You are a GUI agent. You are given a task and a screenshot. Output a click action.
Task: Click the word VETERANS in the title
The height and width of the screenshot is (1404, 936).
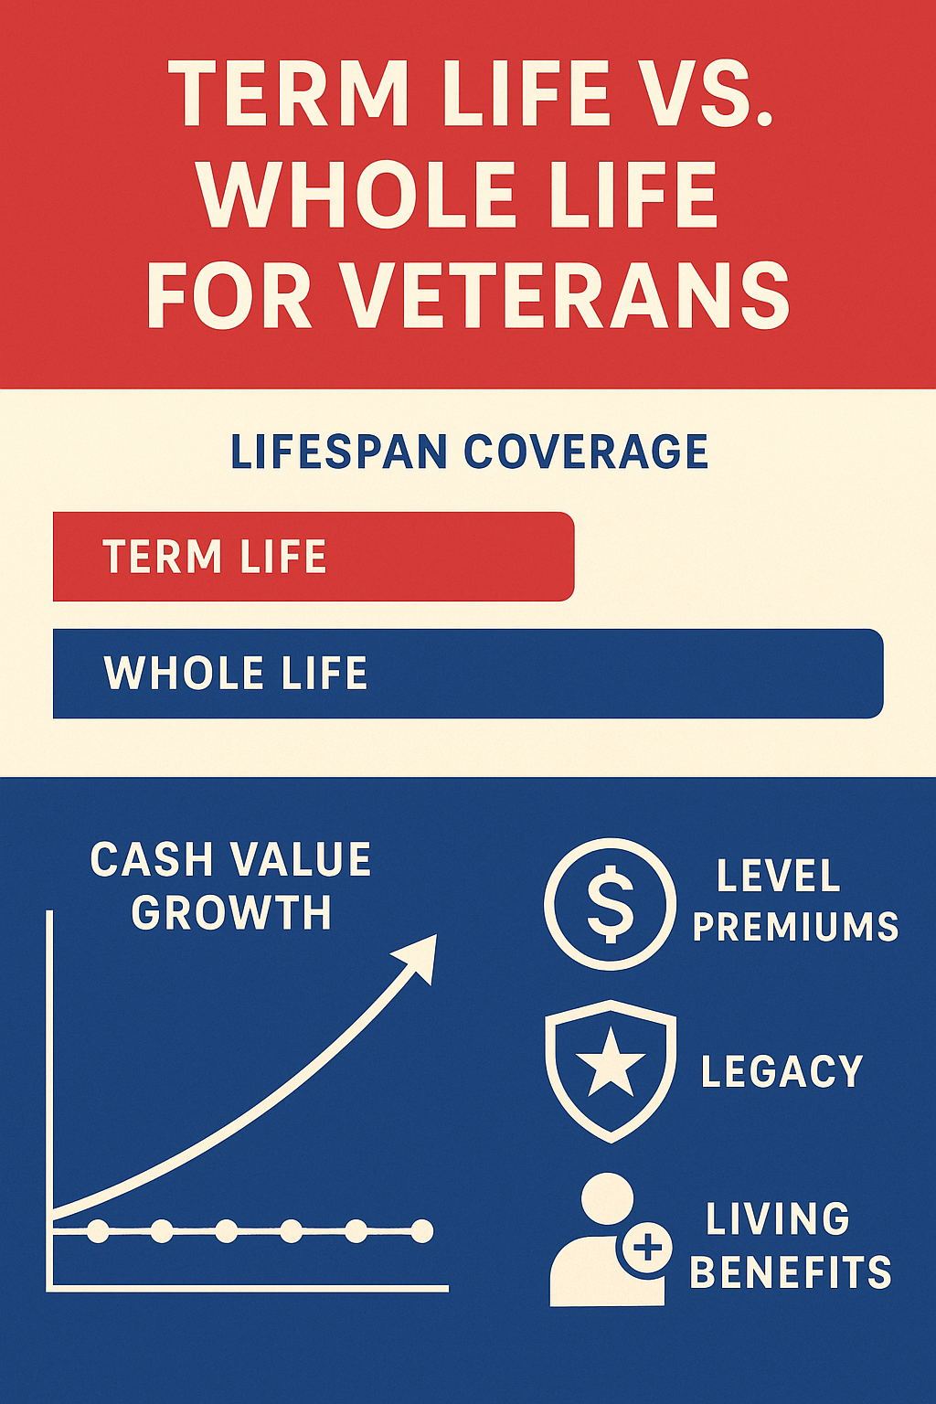568,295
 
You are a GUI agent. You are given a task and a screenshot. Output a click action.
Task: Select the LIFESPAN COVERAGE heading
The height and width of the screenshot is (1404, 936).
469,452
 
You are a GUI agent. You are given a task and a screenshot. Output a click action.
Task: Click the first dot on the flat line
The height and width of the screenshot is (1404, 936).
98,1231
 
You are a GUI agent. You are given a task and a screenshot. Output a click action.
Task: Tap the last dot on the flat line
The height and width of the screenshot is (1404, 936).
421,1231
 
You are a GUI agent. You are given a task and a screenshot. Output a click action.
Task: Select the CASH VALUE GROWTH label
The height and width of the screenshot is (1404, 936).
230,886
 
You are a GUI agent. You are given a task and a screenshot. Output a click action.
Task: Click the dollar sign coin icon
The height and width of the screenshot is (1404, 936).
610,903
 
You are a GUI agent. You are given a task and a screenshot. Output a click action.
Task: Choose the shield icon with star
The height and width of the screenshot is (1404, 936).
610,1069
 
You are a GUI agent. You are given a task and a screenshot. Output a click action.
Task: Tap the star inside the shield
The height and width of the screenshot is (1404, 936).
610,1066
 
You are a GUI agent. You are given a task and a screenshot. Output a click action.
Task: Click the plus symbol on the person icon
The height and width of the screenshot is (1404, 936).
647,1247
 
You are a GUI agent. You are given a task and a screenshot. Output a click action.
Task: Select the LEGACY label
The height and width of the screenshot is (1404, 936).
782,1071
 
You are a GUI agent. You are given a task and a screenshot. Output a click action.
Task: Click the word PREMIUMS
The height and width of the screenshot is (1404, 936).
795,927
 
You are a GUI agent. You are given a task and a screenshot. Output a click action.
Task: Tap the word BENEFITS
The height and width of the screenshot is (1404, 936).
790,1272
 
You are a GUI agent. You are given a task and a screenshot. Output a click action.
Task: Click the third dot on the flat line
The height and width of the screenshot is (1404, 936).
227,1231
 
